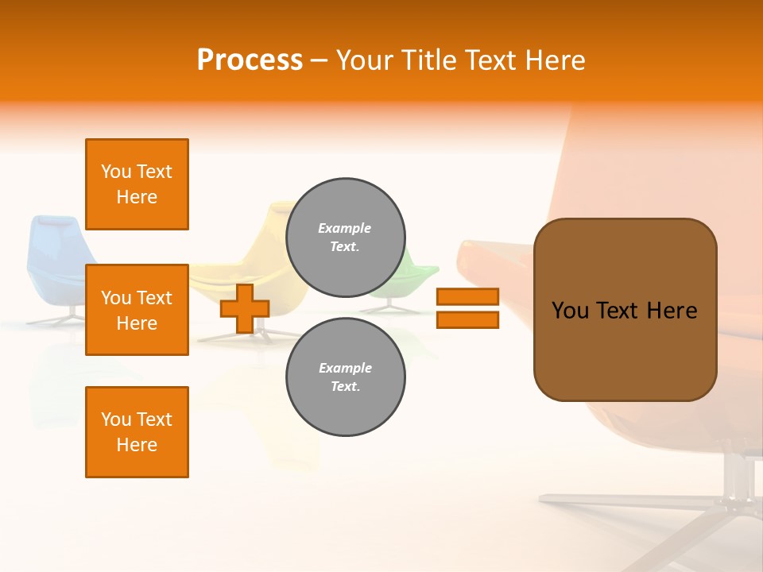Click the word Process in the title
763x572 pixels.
250,60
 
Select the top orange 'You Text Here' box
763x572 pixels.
137,184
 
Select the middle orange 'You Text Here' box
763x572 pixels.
137,310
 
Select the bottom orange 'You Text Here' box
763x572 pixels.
137,432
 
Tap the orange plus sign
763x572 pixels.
245,309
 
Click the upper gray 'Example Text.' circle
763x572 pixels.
345,237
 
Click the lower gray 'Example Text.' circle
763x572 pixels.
345,377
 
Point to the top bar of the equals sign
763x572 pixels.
467,296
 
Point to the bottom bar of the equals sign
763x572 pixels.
467,319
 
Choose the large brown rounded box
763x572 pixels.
625,309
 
